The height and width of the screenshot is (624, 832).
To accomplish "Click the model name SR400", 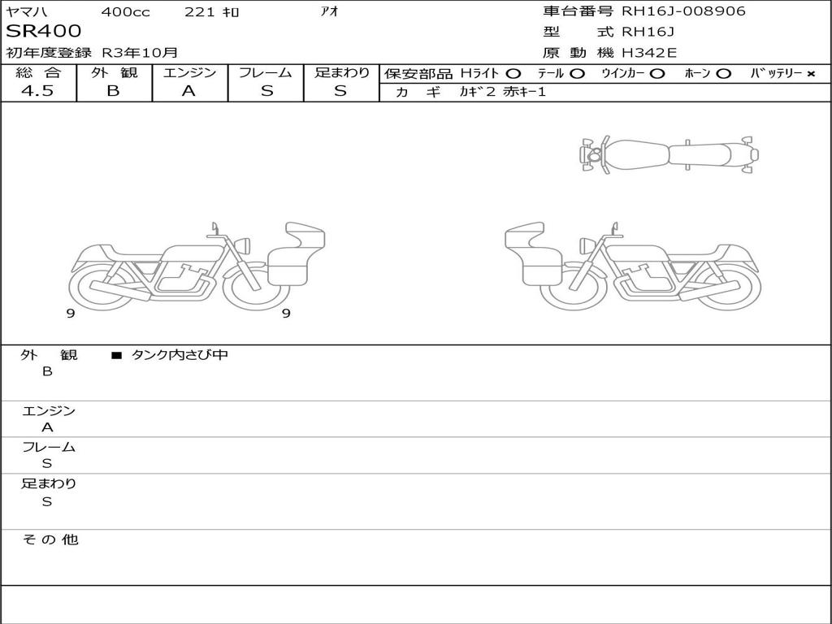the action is pyautogui.click(x=44, y=32).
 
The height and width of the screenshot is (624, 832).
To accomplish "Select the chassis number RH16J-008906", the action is pyautogui.click(x=683, y=11).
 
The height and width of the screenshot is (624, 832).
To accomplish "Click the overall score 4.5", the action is pyautogui.click(x=37, y=91).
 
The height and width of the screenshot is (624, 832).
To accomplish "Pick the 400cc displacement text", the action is pyautogui.click(x=126, y=11).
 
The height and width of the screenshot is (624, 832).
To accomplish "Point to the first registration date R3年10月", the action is pyautogui.click(x=140, y=53).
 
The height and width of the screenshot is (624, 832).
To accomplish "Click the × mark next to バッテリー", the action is pyautogui.click(x=811, y=74).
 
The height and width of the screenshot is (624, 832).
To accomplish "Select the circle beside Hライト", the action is pyautogui.click(x=513, y=74).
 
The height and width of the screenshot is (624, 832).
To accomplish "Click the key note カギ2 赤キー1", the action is pyautogui.click(x=502, y=92).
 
